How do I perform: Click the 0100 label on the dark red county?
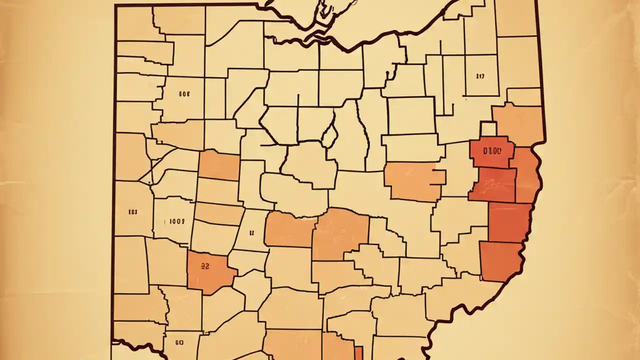492,150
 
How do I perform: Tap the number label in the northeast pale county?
480,76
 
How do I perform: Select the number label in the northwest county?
183,93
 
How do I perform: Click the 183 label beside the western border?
132,212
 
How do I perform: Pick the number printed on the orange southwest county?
204,266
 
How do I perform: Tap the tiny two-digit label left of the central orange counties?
251,232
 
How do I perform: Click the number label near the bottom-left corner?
180,342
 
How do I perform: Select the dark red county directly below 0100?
493,184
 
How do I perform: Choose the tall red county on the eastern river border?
509,222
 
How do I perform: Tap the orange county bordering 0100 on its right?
526,175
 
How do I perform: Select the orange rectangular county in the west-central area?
219,165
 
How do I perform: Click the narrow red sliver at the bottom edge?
358,352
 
